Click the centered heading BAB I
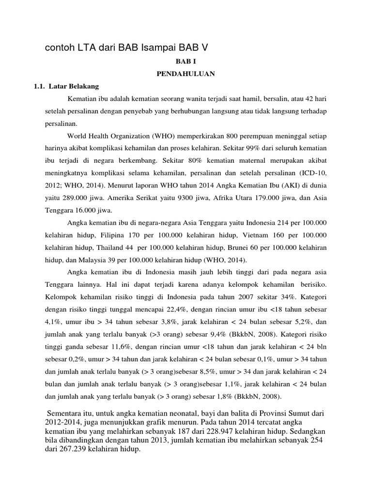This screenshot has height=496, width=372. [186, 62]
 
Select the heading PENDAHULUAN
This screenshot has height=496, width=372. [186, 74]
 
